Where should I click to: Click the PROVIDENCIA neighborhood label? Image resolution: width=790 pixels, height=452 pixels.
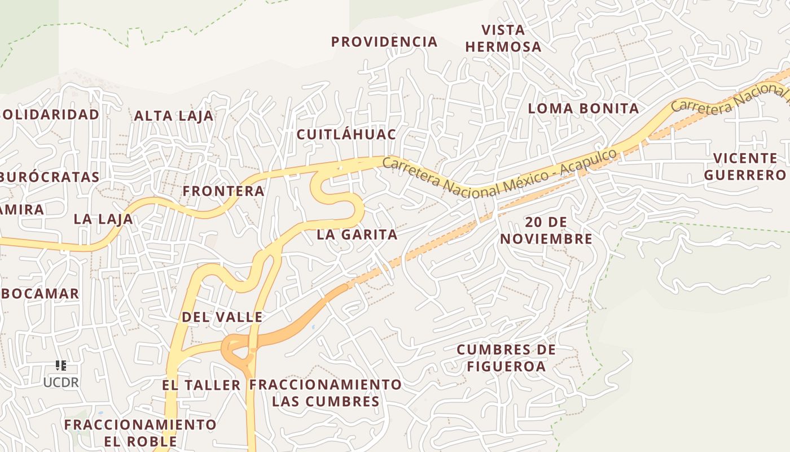(x=384, y=42)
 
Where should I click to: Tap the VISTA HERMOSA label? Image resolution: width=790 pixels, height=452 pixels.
(x=503, y=38)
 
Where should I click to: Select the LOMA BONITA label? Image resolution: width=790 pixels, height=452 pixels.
(x=583, y=108)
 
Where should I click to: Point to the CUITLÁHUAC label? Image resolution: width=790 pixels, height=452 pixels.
(x=346, y=134)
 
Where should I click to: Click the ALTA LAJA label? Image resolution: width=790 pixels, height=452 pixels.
(x=174, y=116)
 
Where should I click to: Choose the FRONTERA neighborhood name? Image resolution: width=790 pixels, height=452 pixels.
(x=223, y=192)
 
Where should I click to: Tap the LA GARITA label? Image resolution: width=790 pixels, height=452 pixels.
(x=357, y=234)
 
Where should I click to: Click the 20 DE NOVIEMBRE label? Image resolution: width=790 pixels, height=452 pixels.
(x=546, y=231)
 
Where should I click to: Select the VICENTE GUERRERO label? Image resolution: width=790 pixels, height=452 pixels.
(x=745, y=166)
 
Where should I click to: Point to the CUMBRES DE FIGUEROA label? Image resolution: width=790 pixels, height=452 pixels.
(x=506, y=358)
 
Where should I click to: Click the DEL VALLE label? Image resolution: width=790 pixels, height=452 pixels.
(x=222, y=318)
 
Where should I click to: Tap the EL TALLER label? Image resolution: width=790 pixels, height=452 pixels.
(x=201, y=385)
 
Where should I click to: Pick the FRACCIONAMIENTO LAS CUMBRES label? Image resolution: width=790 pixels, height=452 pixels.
(x=326, y=393)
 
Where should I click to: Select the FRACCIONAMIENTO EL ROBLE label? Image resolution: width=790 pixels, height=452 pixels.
(x=140, y=433)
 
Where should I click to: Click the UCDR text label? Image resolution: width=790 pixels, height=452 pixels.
(x=61, y=383)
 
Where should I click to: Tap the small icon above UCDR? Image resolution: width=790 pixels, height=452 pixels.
(x=61, y=366)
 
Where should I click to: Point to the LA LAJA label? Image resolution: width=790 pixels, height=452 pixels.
(x=103, y=219)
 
